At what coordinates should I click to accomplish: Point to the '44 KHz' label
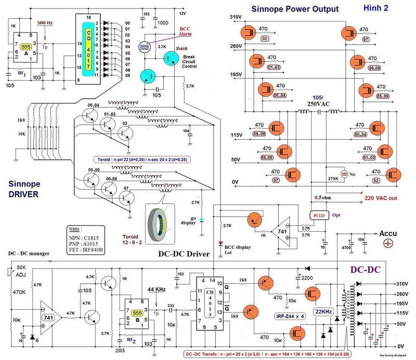157,289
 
